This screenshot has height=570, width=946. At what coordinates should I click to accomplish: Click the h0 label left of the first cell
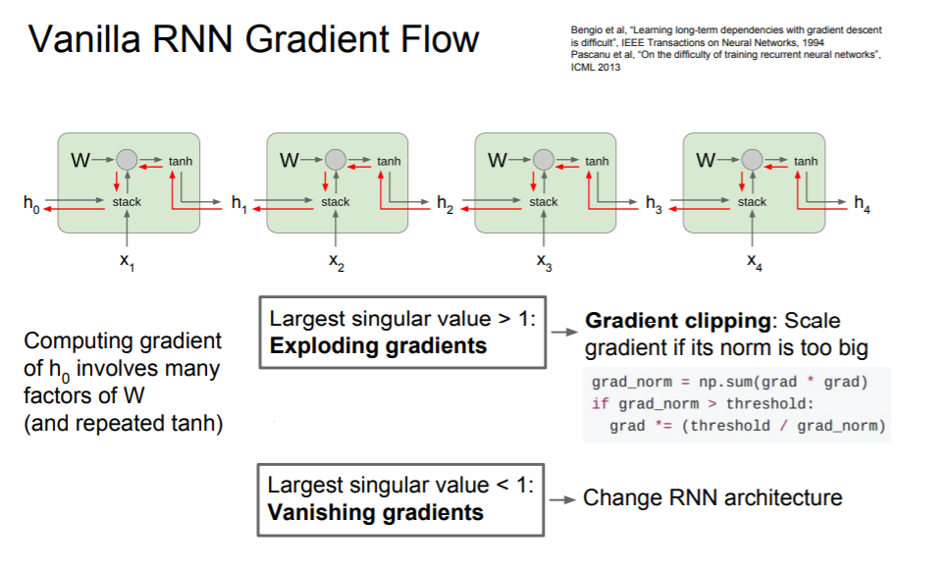31,204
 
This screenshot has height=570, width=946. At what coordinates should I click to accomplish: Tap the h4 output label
863,204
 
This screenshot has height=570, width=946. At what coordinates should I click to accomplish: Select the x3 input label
545,262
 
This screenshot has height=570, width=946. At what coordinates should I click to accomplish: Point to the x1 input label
127,262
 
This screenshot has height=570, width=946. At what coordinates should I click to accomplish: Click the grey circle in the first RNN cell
127,160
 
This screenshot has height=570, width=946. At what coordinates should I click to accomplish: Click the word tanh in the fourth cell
806,161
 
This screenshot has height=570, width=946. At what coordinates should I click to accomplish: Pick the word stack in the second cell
336,201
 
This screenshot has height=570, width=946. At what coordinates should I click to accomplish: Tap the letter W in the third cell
498,160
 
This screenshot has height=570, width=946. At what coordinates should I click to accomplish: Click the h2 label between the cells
446,204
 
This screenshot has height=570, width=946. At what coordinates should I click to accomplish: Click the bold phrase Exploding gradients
378,345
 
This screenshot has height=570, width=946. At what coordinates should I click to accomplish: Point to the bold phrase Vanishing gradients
375,512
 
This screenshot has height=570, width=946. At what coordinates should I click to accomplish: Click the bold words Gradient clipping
678,320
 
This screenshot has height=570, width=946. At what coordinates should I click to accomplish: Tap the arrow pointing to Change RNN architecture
562,499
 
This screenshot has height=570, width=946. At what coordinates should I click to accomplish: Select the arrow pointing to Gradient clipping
564,332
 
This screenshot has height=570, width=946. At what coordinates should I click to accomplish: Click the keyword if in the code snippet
601,403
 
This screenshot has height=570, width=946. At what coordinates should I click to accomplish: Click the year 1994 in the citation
814,42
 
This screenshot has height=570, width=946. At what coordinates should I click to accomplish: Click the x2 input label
336,262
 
